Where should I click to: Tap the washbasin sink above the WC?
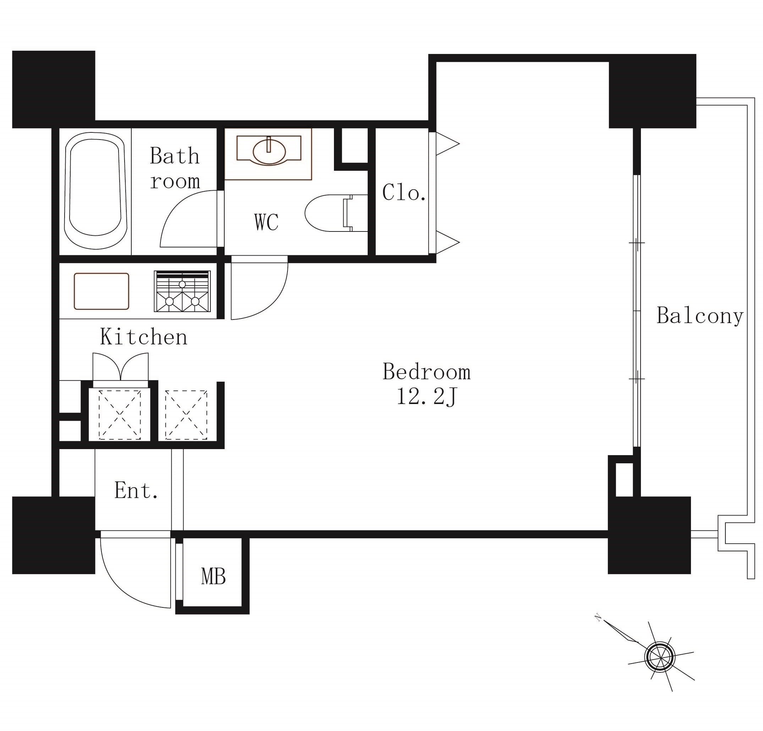point(269,150)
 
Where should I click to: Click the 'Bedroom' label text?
point(427,372)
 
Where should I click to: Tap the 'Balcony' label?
point(700,316)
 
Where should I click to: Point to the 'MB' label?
point(213,577)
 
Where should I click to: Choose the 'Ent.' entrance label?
point(136,490)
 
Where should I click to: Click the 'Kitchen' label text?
point(144,337)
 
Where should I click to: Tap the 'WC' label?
point(267,222)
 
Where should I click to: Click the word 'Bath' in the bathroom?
point(175,156)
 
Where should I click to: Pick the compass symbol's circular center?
point(659,656)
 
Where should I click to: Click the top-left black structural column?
point(54,89)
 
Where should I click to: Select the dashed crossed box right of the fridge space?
point(186,415)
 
